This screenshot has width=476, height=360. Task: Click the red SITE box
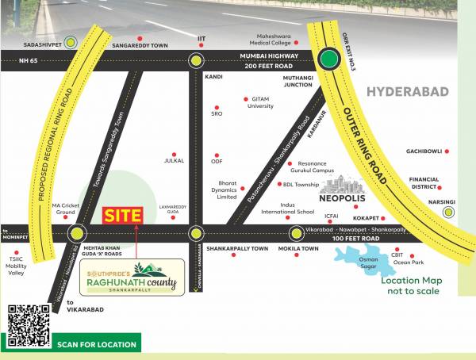coord(124,214)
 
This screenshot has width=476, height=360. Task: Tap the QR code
coord(29,327)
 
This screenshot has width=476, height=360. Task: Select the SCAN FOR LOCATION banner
coord(97,345)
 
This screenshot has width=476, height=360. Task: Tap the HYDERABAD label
coord(407,91)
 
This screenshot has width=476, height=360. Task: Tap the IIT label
coord(201,38)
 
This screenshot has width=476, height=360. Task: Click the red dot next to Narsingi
coord(462,202)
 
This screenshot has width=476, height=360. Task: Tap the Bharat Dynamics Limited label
coord(227,190)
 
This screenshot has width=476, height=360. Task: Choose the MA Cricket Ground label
coord(63,209)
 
